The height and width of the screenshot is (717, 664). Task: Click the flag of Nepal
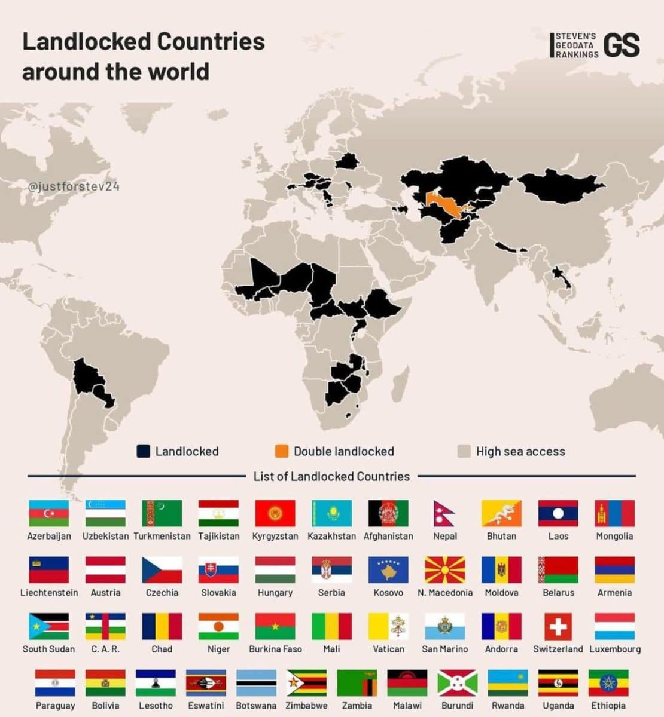[444, 513]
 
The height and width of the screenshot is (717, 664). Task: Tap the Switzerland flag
[558, 626]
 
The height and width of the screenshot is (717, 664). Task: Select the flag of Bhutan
[501, 513]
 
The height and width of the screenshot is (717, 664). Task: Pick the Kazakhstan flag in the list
[331, 513]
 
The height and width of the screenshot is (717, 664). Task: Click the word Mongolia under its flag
[614, 536]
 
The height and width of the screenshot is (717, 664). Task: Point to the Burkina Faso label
[275, 649]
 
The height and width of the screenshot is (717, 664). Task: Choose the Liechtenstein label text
[49, 593]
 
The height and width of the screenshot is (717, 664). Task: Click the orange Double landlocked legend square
[281, 451]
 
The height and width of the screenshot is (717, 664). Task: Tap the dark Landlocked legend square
[143, 451]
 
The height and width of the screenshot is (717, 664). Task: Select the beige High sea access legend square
[464, 451]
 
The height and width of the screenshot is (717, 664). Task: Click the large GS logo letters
[622, 45]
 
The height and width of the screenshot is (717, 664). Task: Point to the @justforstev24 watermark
[74, 186]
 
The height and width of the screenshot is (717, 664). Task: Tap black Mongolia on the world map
[559, 185]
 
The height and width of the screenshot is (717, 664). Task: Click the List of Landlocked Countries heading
[331, 476]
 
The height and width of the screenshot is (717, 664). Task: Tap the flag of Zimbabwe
[306, 683]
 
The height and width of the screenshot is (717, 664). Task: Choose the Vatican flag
[388, 626]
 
